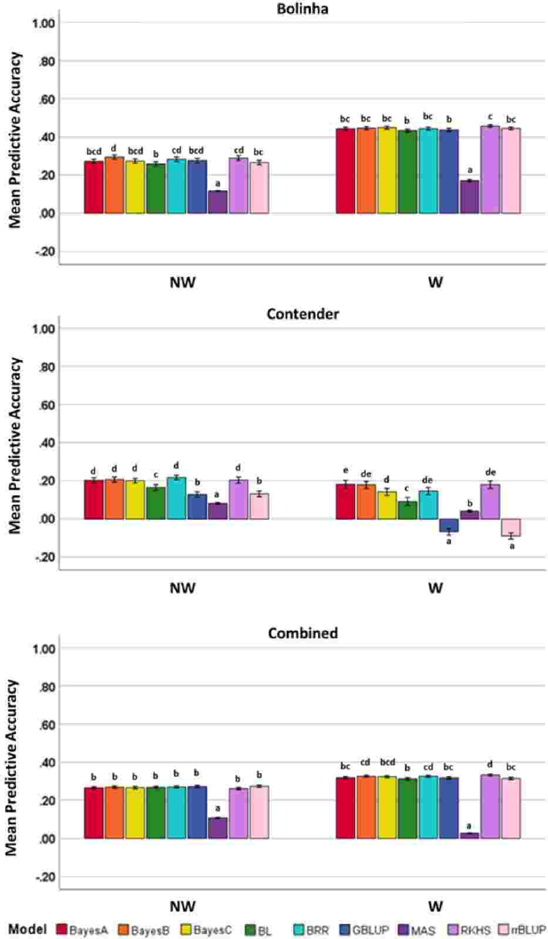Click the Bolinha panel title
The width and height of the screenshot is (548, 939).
point(302,9)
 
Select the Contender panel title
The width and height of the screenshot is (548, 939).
point(302,314)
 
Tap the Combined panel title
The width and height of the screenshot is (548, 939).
point(302,633)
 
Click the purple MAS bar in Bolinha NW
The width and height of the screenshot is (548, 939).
point(218,202)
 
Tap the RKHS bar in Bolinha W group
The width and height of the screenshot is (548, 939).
point(490,169)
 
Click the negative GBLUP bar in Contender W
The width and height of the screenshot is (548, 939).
point(449,525)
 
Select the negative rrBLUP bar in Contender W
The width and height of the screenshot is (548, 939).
point(511,527)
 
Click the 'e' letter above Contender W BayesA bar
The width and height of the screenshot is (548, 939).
point(345,471)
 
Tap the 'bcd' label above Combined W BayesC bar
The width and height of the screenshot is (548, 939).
point(387,762)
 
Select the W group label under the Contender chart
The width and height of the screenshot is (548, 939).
point(435,587)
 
